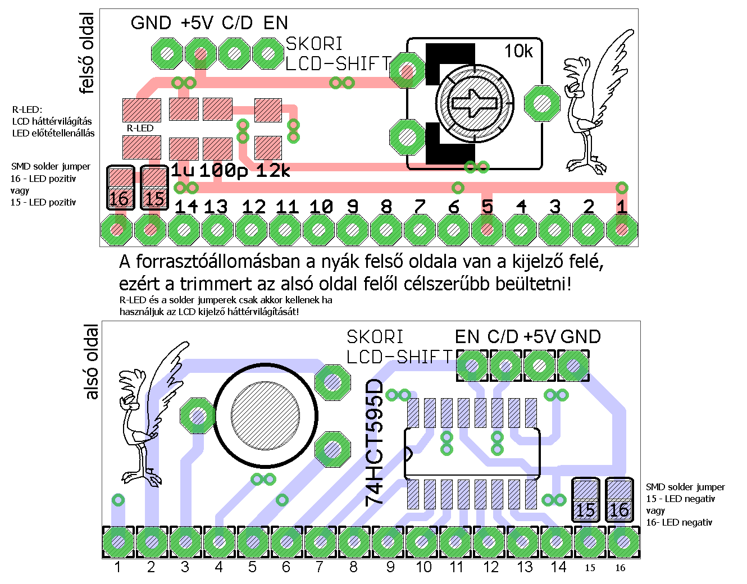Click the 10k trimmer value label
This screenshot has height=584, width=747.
point(518,51)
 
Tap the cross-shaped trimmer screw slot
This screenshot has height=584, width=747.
point(475,103)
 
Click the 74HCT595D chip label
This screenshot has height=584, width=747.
point(375,442)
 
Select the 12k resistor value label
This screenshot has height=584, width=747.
point(273,171)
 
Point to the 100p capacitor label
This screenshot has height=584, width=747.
point(223,171)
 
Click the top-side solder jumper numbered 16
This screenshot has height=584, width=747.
point(120,188)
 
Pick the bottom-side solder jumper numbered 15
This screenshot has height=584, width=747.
point(585,500)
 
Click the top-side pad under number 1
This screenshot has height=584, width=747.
point(622,230)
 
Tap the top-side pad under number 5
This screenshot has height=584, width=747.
point(487,230)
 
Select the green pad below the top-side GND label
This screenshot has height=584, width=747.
point(167,54)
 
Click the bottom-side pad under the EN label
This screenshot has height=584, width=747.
point(472,366)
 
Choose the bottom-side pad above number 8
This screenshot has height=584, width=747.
point(353,542)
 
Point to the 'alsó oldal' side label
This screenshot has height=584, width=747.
point(91,362)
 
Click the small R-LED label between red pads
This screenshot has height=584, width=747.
point(140,128)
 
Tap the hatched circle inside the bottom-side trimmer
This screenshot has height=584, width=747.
point(265,415)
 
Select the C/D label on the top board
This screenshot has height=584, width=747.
point(237,23)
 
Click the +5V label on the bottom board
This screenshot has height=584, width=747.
point(539,337)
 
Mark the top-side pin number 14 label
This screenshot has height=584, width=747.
point(186,207)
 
